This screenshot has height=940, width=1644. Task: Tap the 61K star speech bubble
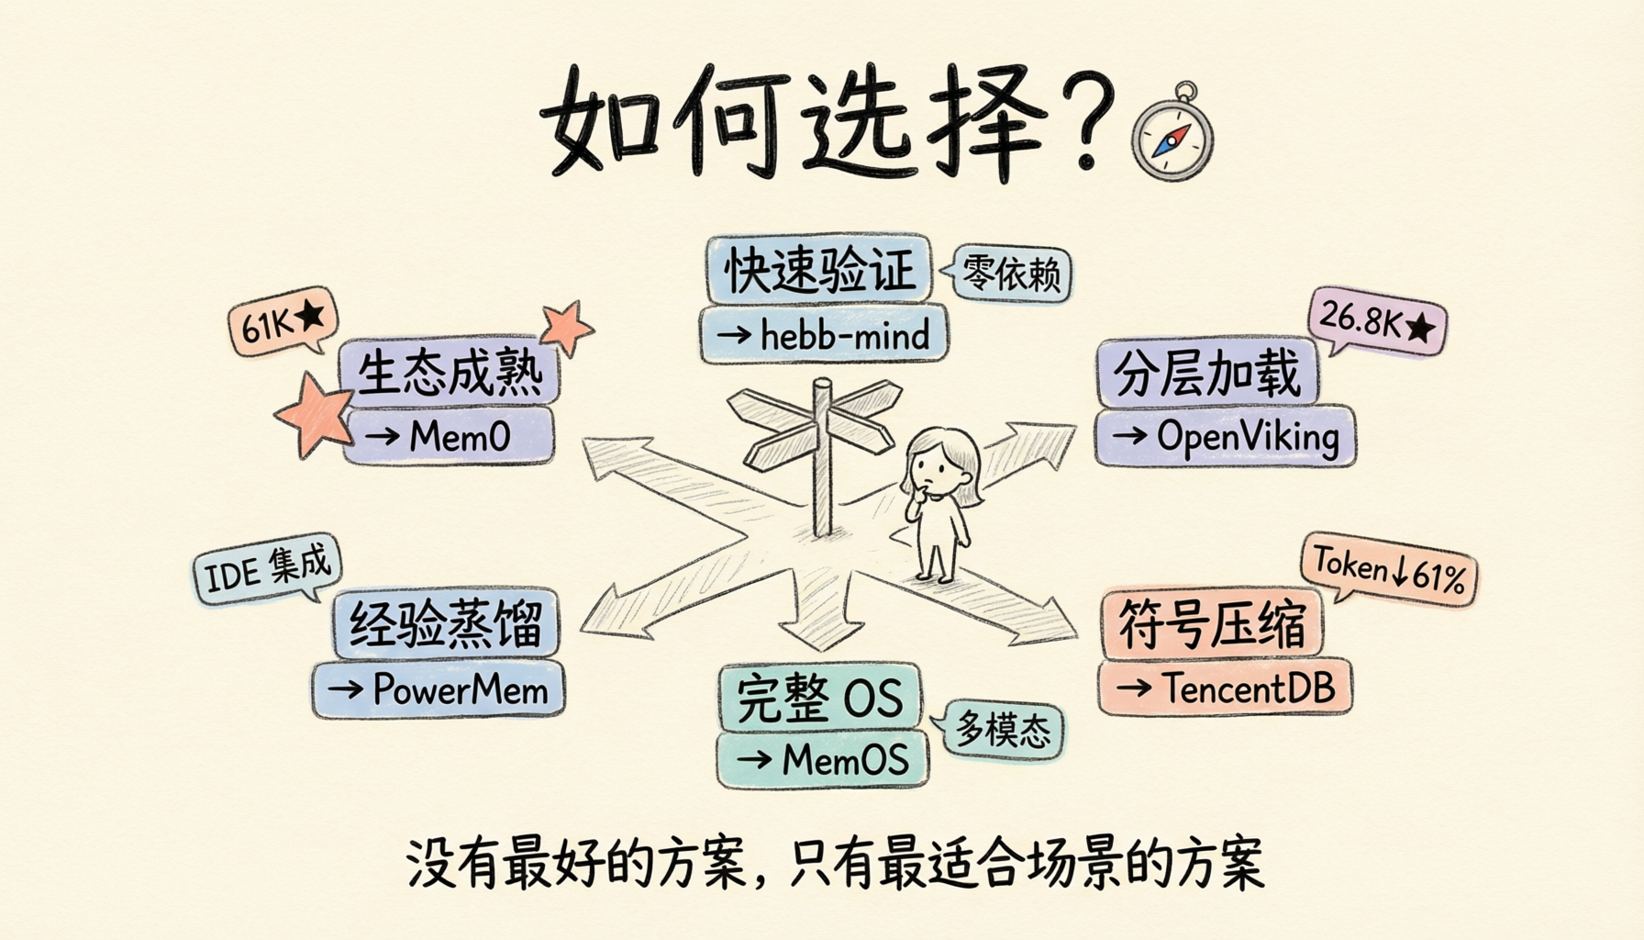tap(283, 320)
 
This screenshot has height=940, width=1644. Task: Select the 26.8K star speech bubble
tap(1376, 322)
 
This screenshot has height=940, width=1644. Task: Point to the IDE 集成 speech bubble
tap(267, 568)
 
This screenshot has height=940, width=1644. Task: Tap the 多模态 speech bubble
tap(1000, 730)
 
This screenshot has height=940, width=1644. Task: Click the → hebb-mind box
tap(824, 335)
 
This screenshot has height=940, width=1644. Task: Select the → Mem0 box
tap(450, 436)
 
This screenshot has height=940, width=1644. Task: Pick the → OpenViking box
tap(1225, 437)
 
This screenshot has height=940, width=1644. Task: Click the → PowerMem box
tap(439, 689)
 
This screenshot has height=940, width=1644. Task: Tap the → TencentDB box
tap(1225, 687)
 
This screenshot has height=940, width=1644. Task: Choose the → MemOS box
tap(822, 759)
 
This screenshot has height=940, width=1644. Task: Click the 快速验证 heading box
tap(819, 269)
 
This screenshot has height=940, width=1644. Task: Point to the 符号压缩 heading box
tap(1212, 624)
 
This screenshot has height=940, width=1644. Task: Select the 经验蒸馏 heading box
tap(446, 623)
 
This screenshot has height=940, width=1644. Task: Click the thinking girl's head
tap(938, 464)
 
